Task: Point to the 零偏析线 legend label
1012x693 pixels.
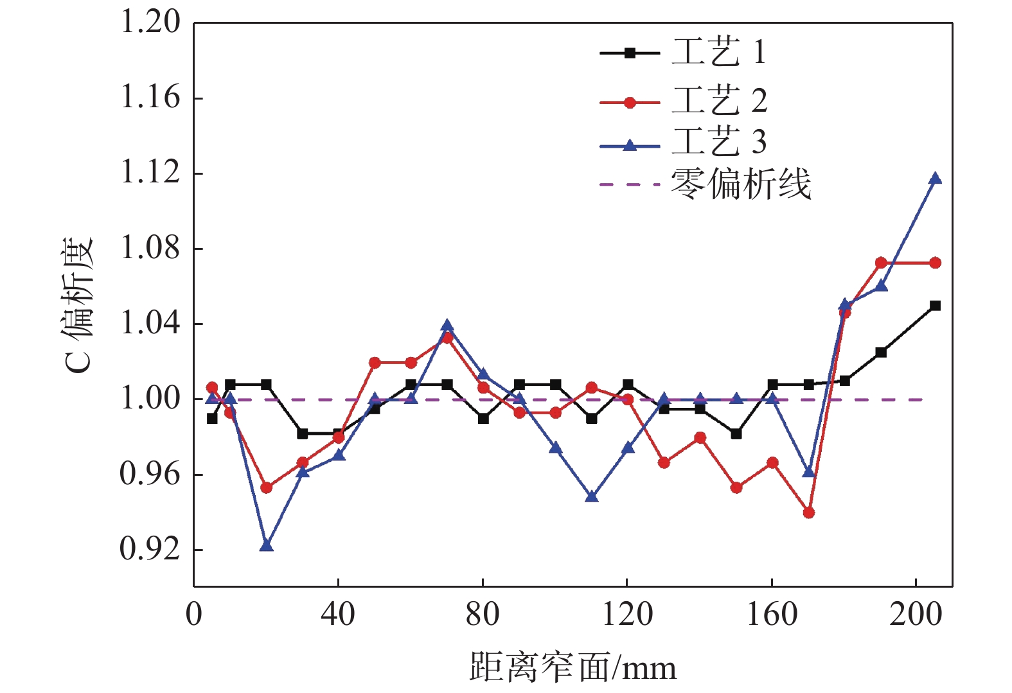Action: coord(741,185)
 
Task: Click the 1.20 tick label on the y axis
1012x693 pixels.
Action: coord(150,22)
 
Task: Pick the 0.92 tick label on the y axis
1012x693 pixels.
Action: coord(150,550)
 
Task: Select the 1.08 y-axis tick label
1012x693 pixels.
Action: coord(150,249)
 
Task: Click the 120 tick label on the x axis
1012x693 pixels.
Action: coord(627,615)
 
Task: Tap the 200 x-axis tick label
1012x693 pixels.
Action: coord(916,615)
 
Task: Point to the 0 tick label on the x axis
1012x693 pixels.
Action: coord(193,615)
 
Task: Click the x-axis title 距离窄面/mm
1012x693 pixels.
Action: coord(573,668)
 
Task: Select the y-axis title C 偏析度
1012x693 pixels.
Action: coord(79,305)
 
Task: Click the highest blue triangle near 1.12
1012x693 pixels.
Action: coord(935,179)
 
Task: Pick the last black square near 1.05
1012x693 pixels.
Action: coord(935,306)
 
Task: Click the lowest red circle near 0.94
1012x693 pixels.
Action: coord(808,513)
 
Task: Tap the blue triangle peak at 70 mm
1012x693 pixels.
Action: coord(447,326)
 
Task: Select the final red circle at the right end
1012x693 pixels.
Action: coord(935,263)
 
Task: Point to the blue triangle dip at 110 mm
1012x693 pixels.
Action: coord(592,496)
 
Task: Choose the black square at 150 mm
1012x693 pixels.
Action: coord(736,434)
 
